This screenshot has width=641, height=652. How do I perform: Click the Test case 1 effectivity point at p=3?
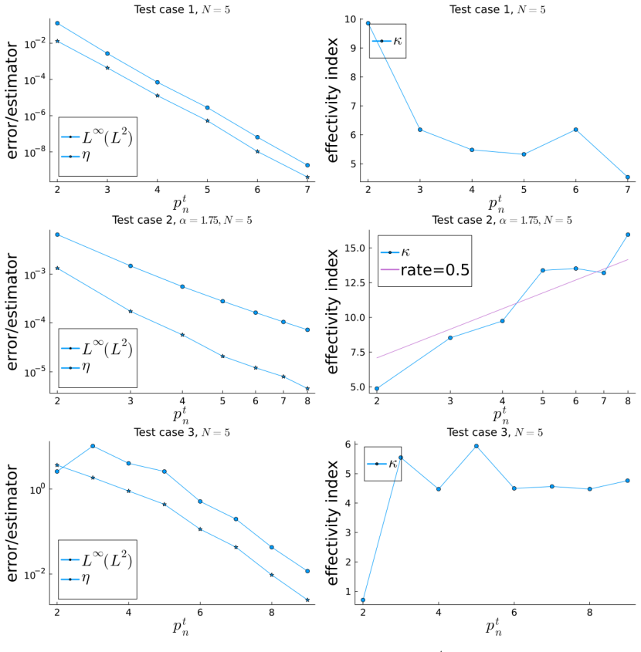click(420, 130)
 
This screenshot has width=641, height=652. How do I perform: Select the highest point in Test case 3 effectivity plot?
click(477, 446)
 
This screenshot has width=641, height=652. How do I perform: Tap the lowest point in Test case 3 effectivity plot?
click(363, 600)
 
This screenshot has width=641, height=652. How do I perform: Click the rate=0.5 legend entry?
click(425, 270)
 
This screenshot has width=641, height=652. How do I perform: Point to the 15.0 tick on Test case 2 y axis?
click(354, 248)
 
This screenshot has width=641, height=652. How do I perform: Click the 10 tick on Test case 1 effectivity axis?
click(350, 19)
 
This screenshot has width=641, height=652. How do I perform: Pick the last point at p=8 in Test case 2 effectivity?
click(628, 235)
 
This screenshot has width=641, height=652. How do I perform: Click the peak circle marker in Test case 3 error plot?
click(93, 446)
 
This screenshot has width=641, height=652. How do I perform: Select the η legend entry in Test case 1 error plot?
click(76, 157)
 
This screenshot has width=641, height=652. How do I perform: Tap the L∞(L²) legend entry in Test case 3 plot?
click(97, 559)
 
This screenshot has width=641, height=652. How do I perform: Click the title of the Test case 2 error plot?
click(182, 220)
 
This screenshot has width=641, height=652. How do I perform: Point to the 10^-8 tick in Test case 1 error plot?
click(36, 152)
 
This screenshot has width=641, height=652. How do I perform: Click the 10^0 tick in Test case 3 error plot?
click(38, 489)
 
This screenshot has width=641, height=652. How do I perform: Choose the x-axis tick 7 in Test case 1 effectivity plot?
click(628, 190)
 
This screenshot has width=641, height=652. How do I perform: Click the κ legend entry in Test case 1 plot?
click(387, 41)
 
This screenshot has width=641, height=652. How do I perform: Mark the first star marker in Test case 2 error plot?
click(57, 269)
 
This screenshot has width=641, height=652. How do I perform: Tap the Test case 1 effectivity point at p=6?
click(575, 130)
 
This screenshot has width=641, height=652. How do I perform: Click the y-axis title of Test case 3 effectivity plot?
click(332, 522)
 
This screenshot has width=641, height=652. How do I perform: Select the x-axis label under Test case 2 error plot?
click(181, 415)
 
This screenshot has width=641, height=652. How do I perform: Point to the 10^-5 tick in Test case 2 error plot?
click(36, 372)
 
